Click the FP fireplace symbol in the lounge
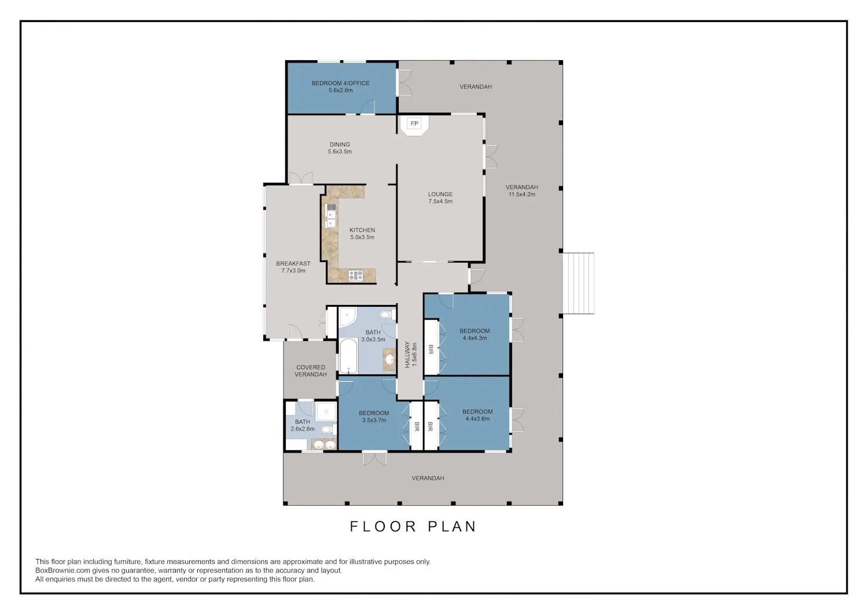pyautogui.click(x=414, y=125)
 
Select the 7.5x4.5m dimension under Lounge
pyautogui.click(x=440, y=201)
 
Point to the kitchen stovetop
pyautogui.click(x=356, y=275)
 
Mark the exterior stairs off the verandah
pyautogui.click(x=578, y=284)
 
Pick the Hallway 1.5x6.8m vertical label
pyautogui.click(x=411, y=355)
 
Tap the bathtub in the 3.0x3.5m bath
pyautogui.click(x=348, y=355)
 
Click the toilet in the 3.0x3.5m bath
pyautogui.click(x=387, y=314)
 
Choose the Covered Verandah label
pyautogui.click(x=310, y=370)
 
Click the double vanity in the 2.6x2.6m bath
pyautogui.click(x=324, y=444)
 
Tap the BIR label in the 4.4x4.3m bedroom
pyautogui.click(x=431, y=350)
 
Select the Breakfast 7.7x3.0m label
pyautogui.click(x=293, y=267)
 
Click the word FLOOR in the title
pyautogui.click(x=383, y=527)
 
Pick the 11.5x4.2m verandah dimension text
pyautogui.click(x=521, y=194)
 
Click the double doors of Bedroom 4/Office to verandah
pyautogui.click(x=404, y=82)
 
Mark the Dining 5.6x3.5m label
pyautogui.click(x=340, y=148)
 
